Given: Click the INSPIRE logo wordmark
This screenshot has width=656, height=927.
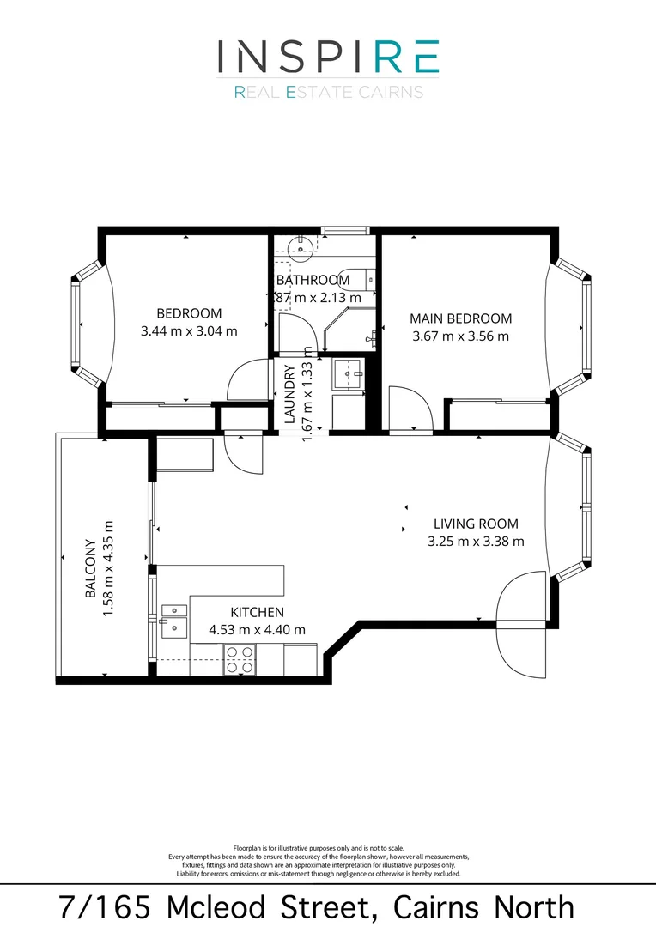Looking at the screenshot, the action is click(328, 56).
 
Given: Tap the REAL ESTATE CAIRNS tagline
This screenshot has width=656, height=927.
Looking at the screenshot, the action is click(328, 92).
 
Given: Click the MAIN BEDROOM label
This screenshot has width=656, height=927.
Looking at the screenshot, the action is click(461, 318).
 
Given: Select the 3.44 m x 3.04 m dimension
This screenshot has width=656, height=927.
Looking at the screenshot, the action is click(189, 331).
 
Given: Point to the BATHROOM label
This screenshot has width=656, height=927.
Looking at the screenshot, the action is click(313, 280).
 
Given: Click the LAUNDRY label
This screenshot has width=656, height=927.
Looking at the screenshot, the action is click(290, 394).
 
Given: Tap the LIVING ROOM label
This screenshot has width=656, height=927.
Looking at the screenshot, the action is click(476, 524).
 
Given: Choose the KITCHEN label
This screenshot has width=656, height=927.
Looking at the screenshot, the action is click(258, 612).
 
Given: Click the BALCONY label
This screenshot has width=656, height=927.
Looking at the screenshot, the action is click(90, 568).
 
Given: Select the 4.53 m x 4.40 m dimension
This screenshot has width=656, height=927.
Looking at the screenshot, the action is click(258, 630).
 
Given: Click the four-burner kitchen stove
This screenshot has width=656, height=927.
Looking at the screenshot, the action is click(240, 659).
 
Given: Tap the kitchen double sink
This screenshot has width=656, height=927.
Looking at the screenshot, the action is click(174, 621).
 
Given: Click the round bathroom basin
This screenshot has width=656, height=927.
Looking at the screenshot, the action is click(301, 246).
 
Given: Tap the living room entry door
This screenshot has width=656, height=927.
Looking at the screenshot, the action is click(520, 624).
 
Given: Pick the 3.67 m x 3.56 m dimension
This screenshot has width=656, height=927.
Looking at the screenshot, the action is click(460, 336).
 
